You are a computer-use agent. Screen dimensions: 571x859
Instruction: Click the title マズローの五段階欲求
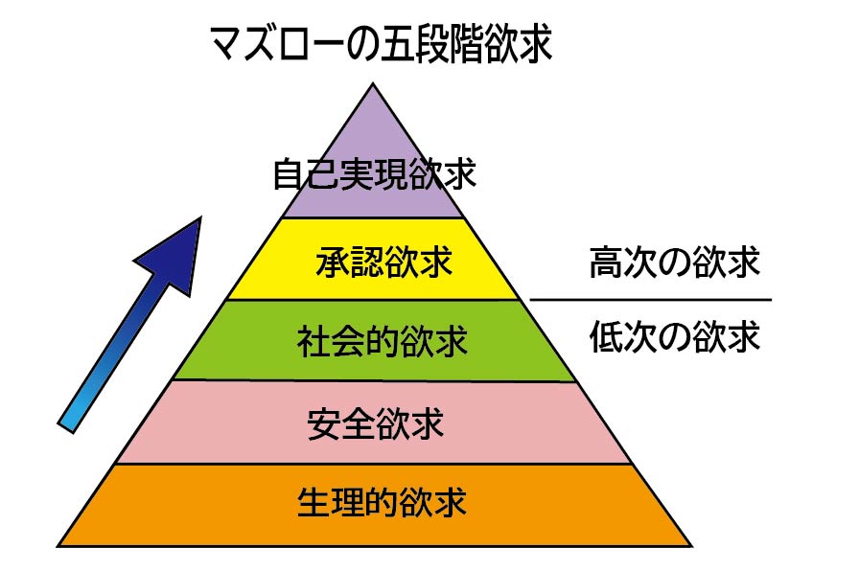coord(381,44)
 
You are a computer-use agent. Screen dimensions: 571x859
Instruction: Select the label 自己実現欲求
coord(374,175)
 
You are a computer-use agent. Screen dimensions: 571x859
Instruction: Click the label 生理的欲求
coord(382,502)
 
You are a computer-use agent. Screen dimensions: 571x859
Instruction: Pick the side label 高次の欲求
coord(675,262)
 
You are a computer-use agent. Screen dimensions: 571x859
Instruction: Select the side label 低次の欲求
coord(675,336)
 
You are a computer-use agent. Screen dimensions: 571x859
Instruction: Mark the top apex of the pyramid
coord(374,83)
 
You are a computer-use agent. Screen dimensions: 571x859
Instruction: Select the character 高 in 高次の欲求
coord(607,262)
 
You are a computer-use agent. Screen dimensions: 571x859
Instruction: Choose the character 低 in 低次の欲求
coord(607,336)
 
